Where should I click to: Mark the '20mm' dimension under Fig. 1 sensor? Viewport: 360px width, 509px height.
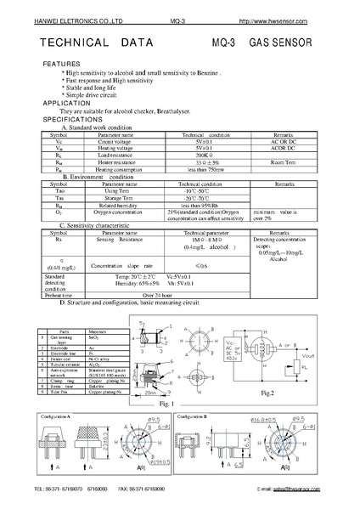(x=152, y=369)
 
